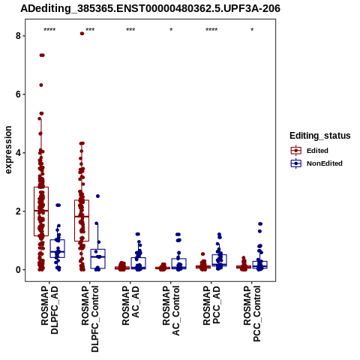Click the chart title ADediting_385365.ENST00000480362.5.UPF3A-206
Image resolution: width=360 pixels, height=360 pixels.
150,9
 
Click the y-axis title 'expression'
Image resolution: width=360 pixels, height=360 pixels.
8,150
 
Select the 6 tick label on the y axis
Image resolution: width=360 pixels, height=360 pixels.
18,94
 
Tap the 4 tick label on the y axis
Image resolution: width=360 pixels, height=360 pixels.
18,153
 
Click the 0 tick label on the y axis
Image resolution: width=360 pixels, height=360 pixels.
18,270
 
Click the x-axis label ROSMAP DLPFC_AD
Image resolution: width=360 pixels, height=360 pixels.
49,310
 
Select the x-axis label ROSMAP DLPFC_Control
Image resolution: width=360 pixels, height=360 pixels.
90,319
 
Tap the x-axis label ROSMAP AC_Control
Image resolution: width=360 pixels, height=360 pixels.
171,310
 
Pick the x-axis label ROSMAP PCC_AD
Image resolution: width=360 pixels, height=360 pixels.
211,305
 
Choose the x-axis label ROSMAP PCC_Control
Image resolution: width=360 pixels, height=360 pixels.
252,313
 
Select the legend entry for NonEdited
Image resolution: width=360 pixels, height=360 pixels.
316,163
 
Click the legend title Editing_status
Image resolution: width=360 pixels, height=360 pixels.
320,136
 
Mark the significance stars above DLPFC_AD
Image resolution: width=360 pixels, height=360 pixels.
49,30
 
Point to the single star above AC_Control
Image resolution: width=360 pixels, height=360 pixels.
171,30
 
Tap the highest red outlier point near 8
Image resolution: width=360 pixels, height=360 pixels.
82,34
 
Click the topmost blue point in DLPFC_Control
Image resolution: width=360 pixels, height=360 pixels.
97,196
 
